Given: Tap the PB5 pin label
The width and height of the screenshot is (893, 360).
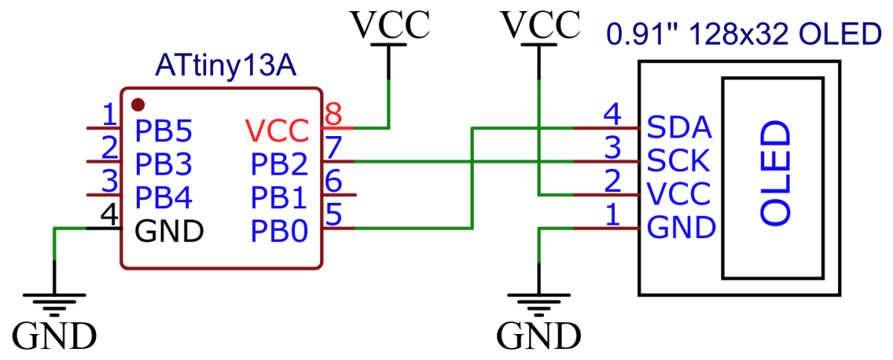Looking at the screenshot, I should pos(163,132).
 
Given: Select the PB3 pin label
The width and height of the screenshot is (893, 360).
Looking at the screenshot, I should pos(163,163).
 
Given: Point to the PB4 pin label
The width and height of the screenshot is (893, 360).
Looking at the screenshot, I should pos(163,198).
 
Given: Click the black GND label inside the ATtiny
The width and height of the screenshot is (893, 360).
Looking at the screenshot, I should pos(169,231).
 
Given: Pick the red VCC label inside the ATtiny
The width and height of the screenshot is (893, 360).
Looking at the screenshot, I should pos(276,132).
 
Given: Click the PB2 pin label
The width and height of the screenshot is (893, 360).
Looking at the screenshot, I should pos(279,163).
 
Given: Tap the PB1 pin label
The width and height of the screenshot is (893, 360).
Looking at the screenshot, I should pos(279,198).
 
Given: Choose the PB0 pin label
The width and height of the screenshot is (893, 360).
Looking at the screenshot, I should pos(279,231).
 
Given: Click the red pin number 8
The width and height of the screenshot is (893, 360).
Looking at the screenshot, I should pos(333,115).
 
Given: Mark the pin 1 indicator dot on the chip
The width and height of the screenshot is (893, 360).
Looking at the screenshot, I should pos(137,103).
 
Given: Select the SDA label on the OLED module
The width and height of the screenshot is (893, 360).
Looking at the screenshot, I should pos(679,127).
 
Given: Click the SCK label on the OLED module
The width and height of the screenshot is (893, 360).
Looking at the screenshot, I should pos(679,160).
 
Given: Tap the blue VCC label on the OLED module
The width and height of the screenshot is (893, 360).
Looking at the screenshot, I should pos(679,193).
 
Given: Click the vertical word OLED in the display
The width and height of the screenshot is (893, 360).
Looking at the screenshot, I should pos(775,173).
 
